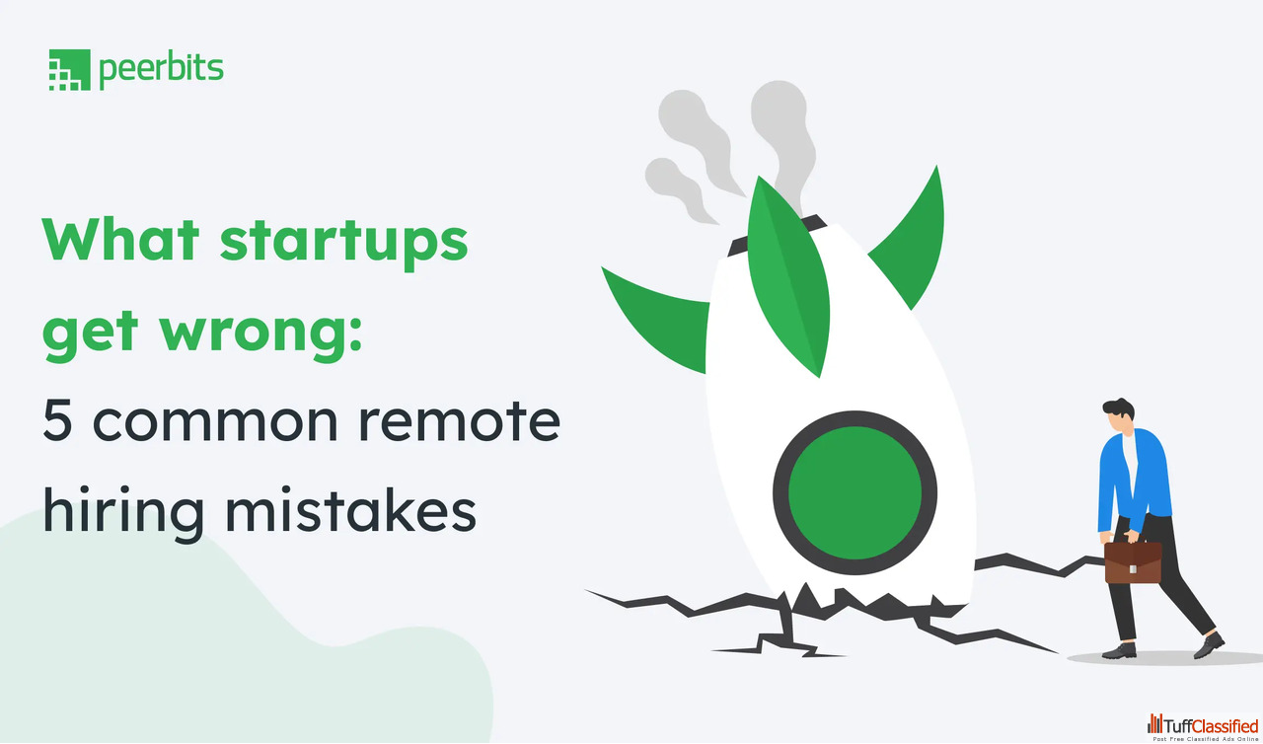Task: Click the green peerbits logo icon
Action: click(69, 70)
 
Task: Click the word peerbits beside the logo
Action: click(161, 70)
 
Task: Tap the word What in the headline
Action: click(120, 239)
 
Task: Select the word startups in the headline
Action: click(344, 244)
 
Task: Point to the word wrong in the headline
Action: click(260, 334)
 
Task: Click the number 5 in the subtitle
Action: click(57, 420)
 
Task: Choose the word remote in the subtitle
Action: click(460, 421)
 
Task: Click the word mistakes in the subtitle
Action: click(350, 510)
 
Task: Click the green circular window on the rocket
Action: click(854, 493)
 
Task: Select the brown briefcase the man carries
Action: click(1133, 561)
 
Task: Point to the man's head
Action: click(1119, 416)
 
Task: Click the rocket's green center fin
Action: click(788, 276)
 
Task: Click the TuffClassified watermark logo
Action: click(1203, 727)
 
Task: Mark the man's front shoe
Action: click(1209, 645)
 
